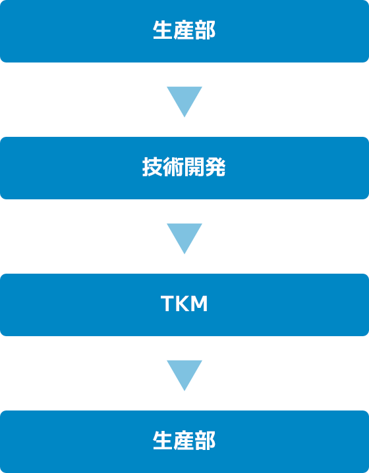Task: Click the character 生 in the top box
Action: point(163,30)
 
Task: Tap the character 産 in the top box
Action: point(184,30)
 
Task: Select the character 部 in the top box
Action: point(205,30)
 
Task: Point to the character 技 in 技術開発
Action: point(153,167)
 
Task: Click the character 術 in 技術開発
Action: point(173,167)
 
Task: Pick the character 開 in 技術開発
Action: point(194,167)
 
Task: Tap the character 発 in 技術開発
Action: point(215,167)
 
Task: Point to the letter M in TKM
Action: point(199,303)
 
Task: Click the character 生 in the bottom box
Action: point(163,440)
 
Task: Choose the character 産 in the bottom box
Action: point(184,440)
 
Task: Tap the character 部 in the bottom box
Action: point(205,440)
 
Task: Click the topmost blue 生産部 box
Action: point(184,31)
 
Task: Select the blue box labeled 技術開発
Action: point(184,168)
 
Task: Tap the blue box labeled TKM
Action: point(184,305)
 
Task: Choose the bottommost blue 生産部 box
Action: point(184,441)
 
